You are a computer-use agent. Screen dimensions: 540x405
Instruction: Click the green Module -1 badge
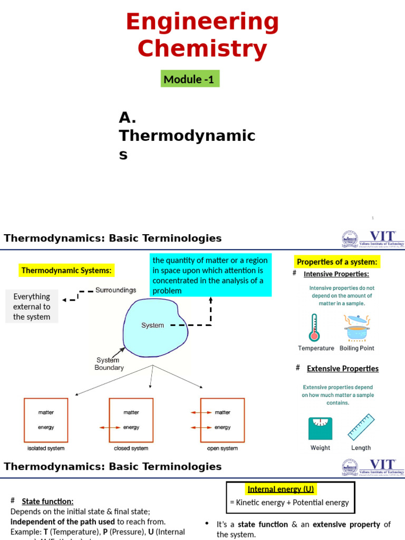pos(190,79)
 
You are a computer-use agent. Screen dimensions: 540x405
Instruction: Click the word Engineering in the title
pos(202,22)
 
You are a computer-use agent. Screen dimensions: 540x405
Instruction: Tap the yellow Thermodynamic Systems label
pos(66,271)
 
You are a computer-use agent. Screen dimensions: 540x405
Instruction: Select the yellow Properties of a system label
pos(337,262)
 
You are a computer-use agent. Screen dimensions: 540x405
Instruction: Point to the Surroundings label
pos(115,290)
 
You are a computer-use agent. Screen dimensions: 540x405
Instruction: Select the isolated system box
pos(46,420)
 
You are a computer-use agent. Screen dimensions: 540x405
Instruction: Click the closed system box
pos(131,420)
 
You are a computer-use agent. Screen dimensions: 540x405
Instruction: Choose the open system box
pos(222,420)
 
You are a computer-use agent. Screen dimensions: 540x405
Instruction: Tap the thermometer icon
pos(315,327)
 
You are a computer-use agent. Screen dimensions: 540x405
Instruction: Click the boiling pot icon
pos(357,327)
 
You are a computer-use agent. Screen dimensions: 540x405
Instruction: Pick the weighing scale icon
pos(320,428)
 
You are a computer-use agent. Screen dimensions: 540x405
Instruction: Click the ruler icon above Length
pos(361,427)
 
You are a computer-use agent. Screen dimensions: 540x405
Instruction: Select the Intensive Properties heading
pos(336,274)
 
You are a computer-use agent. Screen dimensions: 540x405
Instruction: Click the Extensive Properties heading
pos(343,369)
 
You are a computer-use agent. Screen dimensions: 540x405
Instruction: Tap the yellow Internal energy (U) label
pos(281,489)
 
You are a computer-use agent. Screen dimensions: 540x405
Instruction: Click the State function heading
pos(47,501)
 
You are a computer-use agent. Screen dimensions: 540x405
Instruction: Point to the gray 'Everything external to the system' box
pos(32,306)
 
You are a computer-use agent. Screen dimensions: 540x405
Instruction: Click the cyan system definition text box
pos(210,275)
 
